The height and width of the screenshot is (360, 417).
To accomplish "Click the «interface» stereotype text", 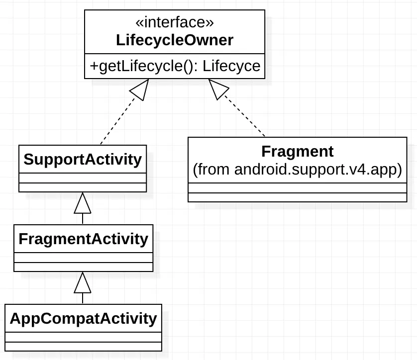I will point(175,22).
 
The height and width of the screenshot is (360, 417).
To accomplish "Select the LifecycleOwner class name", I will point(175,40).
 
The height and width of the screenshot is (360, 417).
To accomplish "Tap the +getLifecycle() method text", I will point(144,66).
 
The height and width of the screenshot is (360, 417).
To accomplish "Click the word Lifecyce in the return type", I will point(231,66).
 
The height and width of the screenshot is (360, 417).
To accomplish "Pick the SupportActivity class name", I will point(83,160).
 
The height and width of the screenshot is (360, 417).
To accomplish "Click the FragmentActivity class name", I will point(83,239).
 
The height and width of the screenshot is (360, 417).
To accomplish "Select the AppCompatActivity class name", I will point(83,318).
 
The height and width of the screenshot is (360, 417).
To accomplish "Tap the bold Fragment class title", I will point(297,151).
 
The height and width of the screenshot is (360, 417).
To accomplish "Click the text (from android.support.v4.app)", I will point(297,170).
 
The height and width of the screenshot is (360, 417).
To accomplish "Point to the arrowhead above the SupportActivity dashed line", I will point(140,90).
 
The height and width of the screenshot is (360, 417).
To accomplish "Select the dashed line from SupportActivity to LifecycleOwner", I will point(117,122).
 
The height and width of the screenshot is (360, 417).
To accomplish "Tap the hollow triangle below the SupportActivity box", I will point(83,203).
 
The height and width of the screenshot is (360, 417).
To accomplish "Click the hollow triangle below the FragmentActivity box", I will point(83,283).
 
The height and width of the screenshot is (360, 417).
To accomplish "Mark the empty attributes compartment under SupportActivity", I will point(83,178).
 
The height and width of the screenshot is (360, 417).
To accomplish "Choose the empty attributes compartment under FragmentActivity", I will point(83,258).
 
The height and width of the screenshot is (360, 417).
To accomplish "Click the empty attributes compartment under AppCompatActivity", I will point(83,337).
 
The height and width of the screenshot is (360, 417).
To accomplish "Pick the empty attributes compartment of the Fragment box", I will point(297,188).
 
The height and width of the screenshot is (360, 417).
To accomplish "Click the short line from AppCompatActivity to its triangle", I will point(83,298).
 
